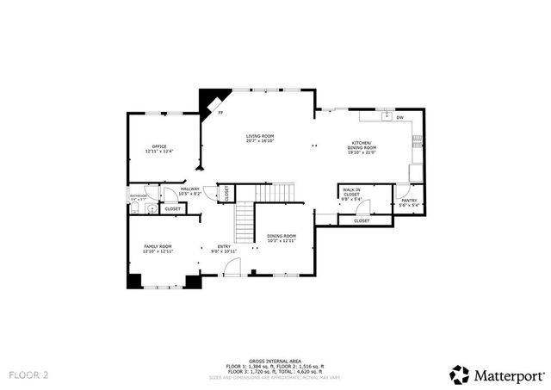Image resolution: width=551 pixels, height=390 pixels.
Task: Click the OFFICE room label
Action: pyautogui.click(x=159, y=146)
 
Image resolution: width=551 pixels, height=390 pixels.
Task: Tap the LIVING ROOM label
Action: pyautogui.click(x=259, y=136)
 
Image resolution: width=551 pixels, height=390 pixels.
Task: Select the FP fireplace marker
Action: pyautogui.click(x=220, y=113)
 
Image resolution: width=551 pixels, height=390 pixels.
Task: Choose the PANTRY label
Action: pyautogui.click(x=409, y=201)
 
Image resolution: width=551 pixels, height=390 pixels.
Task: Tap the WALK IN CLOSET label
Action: pyautogui.click(x=351, y=192)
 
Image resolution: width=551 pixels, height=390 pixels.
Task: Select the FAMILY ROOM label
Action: pyautogui.click(x=158, y=247)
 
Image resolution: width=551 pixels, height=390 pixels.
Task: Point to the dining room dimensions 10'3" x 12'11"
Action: pyautogui.click(x=281, y=241)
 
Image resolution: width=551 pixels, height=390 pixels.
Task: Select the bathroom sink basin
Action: pyautogui.click(x=150, y=208)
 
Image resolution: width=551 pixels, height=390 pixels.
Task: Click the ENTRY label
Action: pyautogui.click(x=224, y=247)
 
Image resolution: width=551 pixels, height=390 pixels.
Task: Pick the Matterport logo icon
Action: pyautogui.click(x=460, y=375)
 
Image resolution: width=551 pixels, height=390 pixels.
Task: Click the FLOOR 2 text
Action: pyautogui.click(x=29, y=375)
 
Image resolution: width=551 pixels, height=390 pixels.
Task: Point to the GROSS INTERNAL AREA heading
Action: pyautogui.click(x=275, y=361)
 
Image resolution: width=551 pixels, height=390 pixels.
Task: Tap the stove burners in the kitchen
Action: pyautogui.click(x=417, y=139)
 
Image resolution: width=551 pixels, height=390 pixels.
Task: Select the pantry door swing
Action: pyautogui.click(x=402, y=190)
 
